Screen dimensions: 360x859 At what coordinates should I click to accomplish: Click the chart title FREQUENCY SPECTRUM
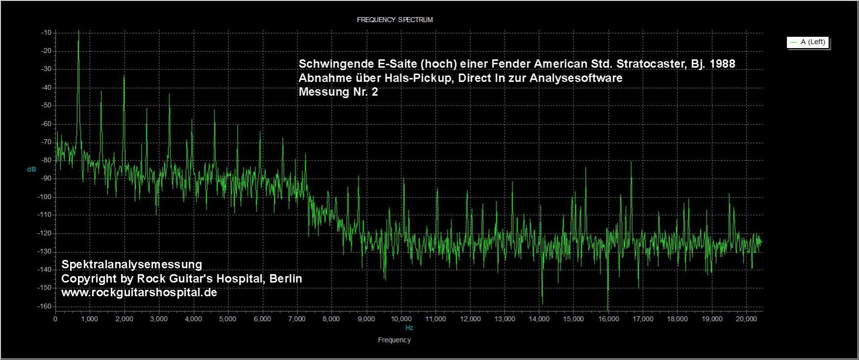pos(394,20)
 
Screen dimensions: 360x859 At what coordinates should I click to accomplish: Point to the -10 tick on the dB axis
pos(47,33)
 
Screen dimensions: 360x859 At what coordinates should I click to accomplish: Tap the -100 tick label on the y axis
pos(46,197)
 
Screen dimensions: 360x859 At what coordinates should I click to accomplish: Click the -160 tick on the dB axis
pos(46,307)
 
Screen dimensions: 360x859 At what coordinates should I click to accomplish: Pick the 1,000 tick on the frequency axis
pos(89,319)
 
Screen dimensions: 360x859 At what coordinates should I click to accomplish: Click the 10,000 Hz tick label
pos(400,319)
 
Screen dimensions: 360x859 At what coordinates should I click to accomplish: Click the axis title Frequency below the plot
pos(394,340)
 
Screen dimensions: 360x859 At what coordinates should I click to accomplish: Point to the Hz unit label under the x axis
pos(409,328)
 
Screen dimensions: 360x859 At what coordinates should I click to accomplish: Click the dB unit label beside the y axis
pos(31,169)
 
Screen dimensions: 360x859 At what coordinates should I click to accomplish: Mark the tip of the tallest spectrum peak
pos(78,31)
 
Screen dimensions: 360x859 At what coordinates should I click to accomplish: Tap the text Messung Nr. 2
pos(338,92)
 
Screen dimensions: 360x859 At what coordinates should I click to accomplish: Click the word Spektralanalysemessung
pos(131,264)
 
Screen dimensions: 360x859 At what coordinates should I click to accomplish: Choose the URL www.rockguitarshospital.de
pos(139,293)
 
